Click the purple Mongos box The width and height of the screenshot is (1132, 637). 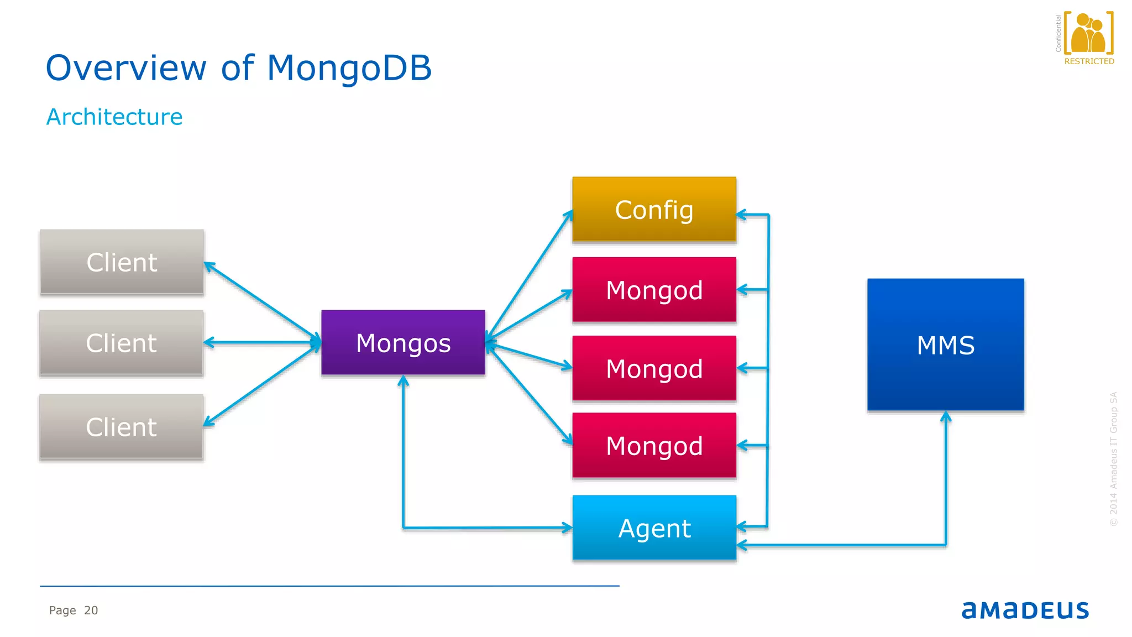point(403,342)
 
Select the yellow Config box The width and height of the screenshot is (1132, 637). point(654,210)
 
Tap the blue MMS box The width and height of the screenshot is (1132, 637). point(945,344)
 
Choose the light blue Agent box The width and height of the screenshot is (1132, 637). point(654,528)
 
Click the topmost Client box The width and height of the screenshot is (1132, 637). point(122,262)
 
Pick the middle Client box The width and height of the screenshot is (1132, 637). point(122,343)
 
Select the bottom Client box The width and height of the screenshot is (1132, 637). point(122,427)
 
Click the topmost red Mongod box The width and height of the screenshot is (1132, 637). point(654,290)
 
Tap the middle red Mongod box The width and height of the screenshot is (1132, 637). point(654,368)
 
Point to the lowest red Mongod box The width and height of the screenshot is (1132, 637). point(654,446)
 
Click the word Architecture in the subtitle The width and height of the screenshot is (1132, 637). point(114,117)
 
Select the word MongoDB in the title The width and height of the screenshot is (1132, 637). point(349,68)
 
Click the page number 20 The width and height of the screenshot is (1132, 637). point(91,610)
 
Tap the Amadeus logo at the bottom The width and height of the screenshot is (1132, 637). point(1025,610)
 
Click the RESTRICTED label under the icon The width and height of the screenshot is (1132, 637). point(1089,61)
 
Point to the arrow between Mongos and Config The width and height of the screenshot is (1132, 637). point(530,274)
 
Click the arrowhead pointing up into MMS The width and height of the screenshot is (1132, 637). point(946,416)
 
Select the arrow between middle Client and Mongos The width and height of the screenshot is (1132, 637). point(263,343)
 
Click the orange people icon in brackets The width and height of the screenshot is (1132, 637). point(1088,34)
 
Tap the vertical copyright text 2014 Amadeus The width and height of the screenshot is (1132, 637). point(1113,459)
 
